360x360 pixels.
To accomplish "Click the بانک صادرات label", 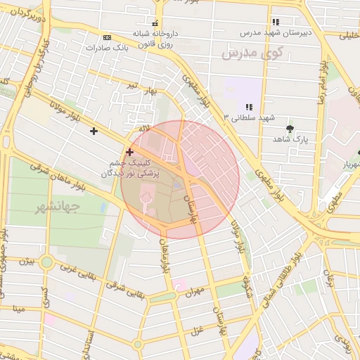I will click(107, 48).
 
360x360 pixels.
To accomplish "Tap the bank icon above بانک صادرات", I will click(107, 37).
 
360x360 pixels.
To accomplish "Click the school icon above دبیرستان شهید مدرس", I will click(275, 22).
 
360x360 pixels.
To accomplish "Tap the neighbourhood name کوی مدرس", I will click(252, 52).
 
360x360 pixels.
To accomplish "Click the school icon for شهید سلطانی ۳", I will click(248, 106).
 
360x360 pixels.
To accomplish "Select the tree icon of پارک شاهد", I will click(291, 128).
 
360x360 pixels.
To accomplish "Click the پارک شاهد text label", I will click(291, 139).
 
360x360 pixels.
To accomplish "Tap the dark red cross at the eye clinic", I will click(129, 152).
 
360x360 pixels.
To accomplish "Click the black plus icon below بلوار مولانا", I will click(94, 131).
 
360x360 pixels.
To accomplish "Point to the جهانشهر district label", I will click(57, 208).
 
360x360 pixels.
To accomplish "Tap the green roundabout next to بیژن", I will click(46, 263).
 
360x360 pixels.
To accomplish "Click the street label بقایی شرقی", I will click(130, 284).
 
